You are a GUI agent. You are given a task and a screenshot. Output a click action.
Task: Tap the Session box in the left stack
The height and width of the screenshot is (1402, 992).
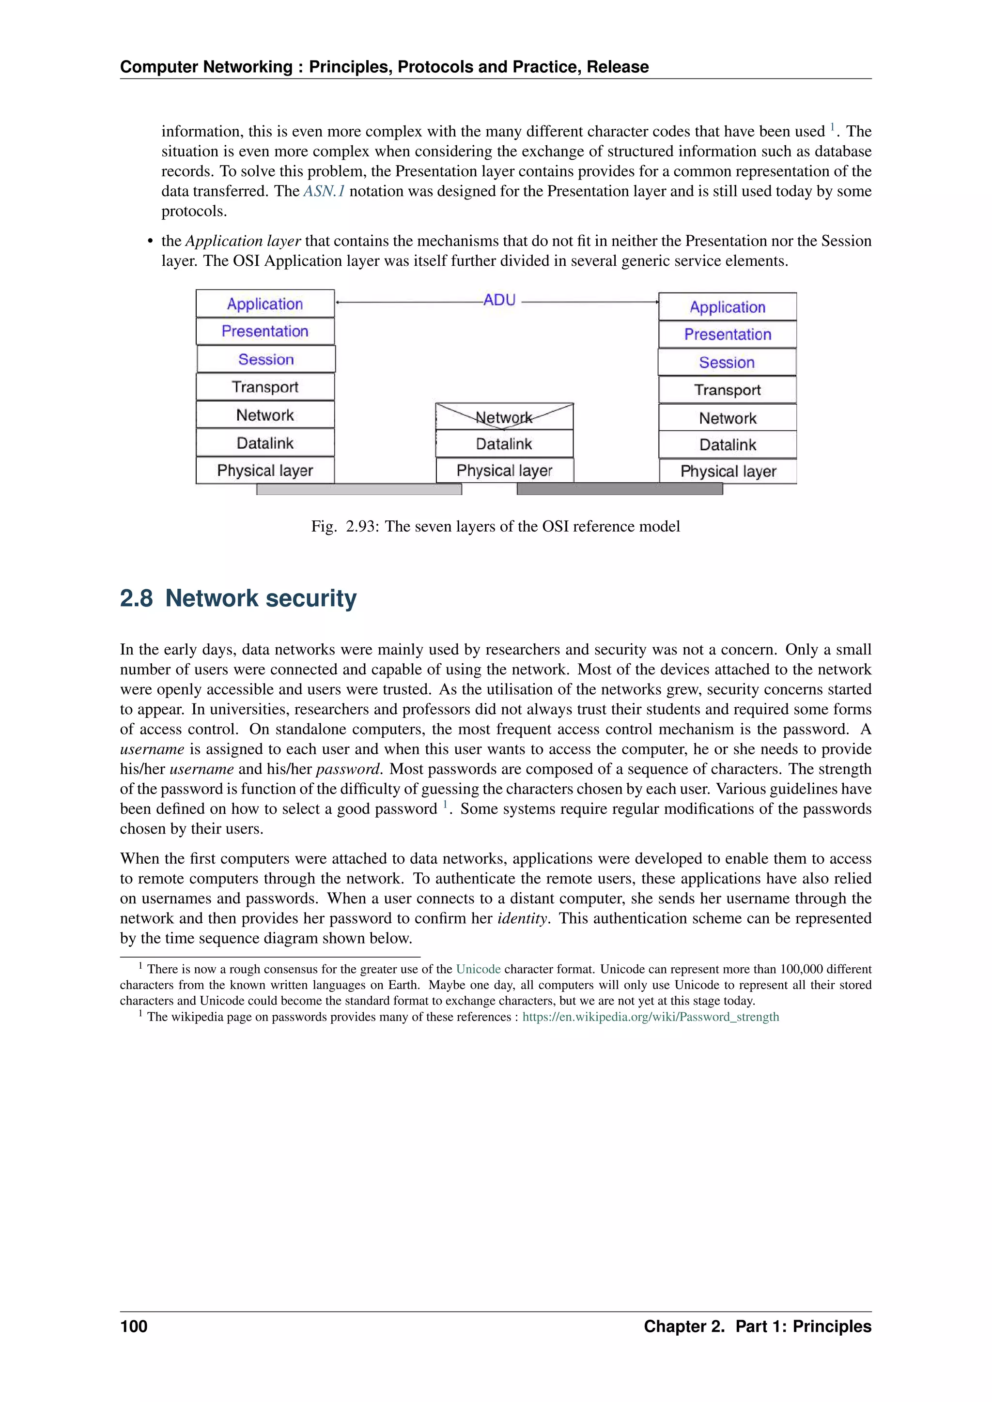pos(266,359)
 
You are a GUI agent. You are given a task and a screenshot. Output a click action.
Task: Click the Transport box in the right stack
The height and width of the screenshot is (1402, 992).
pos(727,390)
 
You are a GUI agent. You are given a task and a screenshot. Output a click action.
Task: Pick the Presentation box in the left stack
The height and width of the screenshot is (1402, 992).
pos(264,331)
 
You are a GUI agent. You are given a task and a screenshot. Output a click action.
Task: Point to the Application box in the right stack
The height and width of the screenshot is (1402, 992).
pos(727,306)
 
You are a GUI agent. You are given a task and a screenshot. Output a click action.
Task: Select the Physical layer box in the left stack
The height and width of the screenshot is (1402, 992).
pos(264,470)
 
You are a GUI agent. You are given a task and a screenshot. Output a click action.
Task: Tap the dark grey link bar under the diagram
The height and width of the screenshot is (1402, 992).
pos(620,489)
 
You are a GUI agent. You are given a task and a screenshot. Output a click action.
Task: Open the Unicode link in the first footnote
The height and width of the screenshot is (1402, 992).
pos(478,969)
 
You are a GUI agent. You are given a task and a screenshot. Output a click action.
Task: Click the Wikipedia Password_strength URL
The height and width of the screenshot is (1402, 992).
pos(651,1017)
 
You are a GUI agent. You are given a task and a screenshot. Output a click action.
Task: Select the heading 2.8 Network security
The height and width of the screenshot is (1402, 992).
pos(238,598)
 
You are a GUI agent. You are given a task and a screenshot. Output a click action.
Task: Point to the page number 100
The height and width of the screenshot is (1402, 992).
pos(134,1326)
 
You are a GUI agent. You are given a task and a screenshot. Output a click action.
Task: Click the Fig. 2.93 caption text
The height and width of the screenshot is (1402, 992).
pos(496,526)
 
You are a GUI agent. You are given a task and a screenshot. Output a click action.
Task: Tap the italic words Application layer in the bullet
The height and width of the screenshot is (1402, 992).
pos(243,241)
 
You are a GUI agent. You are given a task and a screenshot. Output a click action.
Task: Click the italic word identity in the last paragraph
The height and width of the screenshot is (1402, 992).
pos(523,918)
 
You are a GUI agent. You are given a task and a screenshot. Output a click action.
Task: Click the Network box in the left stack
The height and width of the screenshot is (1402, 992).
pos(264,415)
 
